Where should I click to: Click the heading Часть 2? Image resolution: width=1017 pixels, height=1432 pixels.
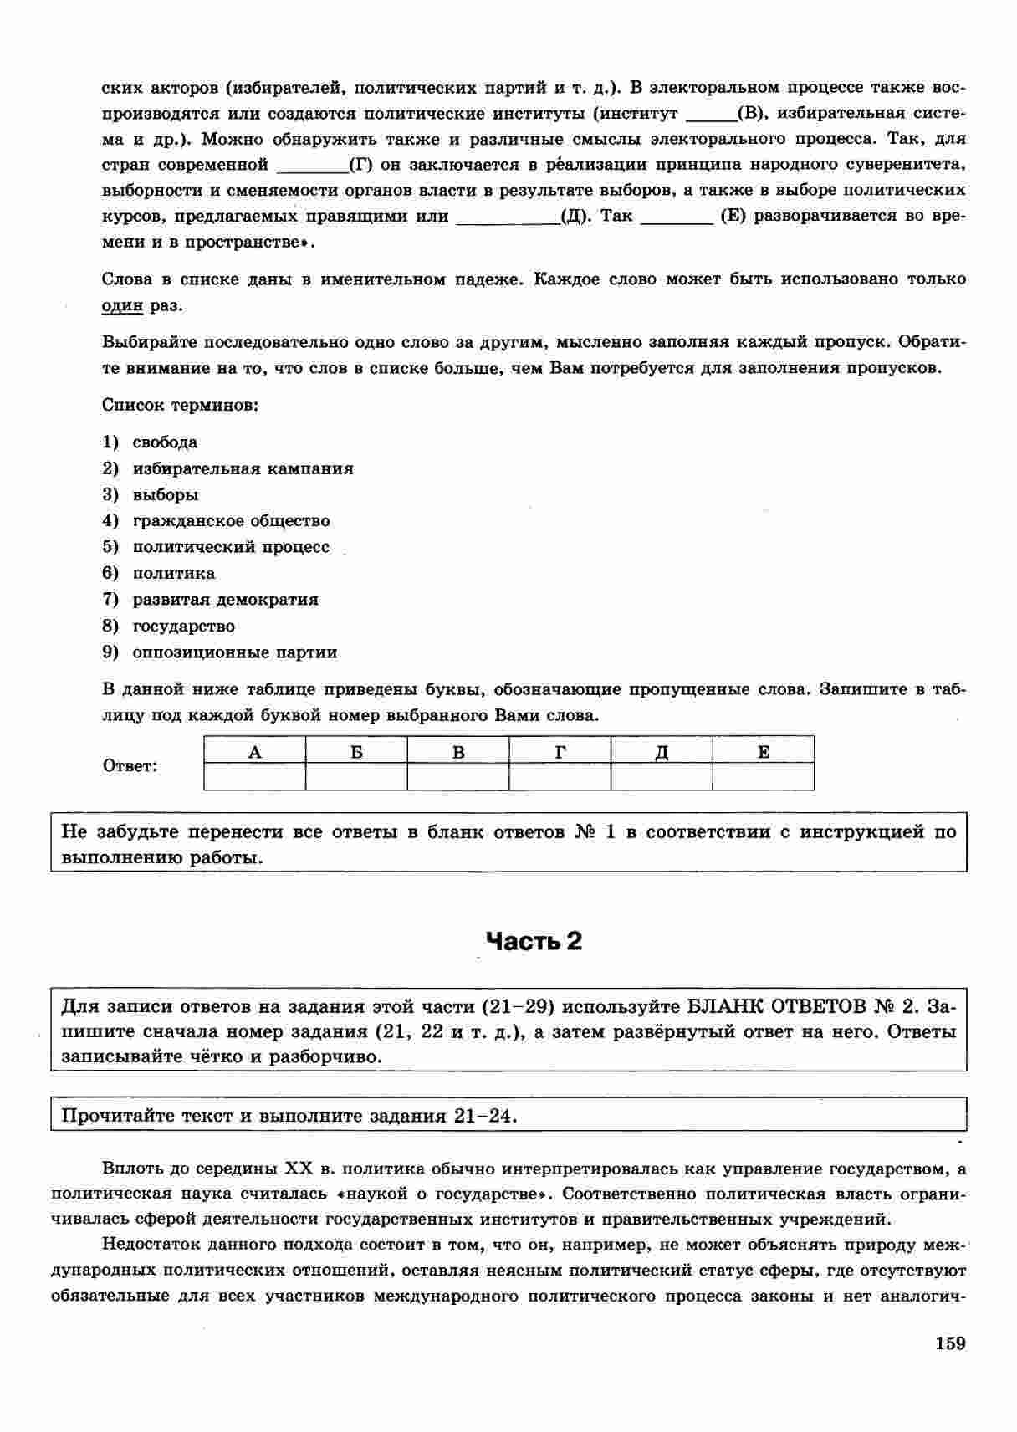tap(534, 942)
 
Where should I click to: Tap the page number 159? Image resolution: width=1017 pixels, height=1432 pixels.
tap(950, 1343)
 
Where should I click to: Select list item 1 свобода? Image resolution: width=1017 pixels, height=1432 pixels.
tap(165, 442)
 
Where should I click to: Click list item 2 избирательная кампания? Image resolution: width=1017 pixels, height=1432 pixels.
tap(243, 468)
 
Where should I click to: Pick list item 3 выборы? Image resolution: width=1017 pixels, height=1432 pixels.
tap(166, 494)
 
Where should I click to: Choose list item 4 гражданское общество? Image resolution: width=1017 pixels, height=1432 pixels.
tap(231, 521)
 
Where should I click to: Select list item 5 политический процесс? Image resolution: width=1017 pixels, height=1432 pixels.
tap(231, 547)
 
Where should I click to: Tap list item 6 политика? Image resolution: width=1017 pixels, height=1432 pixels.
tap(173, 573)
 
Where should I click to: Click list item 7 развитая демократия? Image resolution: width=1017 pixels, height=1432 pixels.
tap(225, 600)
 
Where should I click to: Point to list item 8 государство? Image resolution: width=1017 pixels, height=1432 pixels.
tap(183, 626)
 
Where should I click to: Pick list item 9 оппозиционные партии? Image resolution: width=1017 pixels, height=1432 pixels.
tap(234, 652)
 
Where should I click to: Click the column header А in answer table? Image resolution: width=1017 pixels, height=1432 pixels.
tap(255, 751)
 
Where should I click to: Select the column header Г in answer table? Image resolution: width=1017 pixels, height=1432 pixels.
tap(560, 751)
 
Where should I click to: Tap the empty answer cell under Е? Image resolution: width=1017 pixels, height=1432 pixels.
tap(764, 777)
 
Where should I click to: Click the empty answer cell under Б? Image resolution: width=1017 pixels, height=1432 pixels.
tap(356, 777)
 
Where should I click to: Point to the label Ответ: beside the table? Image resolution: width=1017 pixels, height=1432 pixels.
tap(130, 765)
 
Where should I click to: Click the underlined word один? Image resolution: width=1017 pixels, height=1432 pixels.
tap(122, 306)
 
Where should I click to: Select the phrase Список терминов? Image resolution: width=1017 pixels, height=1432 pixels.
tap(180, 406)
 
